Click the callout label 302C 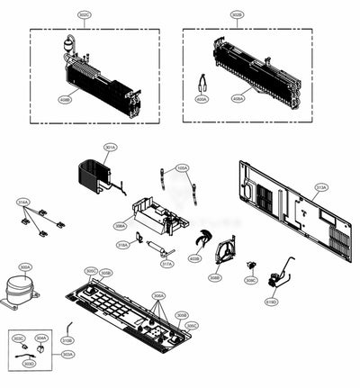(x=84, y=15)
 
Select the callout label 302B (x=237, y=15)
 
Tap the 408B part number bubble (x=65, y=100)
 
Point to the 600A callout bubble (x=202, y=99)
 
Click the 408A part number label (x=238, y=99)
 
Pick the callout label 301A (x=110, y=147)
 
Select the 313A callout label (x=320, y=187)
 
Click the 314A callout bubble (x=22, y=203)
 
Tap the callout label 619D (x=271, y=302)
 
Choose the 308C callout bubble (x=251, y=281)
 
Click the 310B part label (x=67, y=340)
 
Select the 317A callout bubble (x=166, y=264)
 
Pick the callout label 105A (x=182, y=167)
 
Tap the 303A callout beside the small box (x=67, y=355)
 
